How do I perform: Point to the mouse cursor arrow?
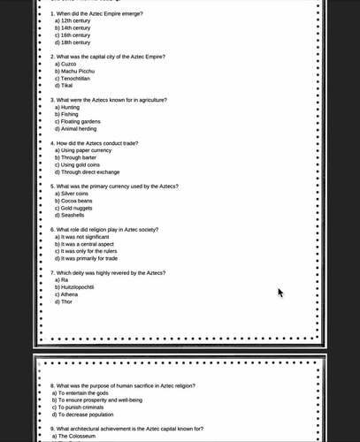280,292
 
